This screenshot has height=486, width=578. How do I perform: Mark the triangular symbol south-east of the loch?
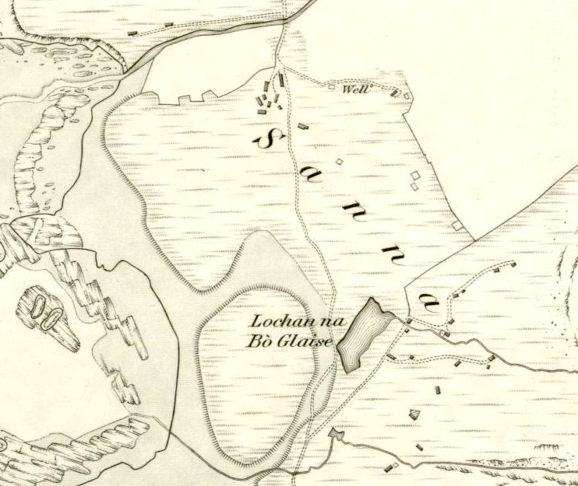click(414, 414)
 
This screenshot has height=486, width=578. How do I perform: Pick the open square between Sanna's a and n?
click(339, 162)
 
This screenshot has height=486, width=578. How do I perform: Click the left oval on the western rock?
click(36, 304)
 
